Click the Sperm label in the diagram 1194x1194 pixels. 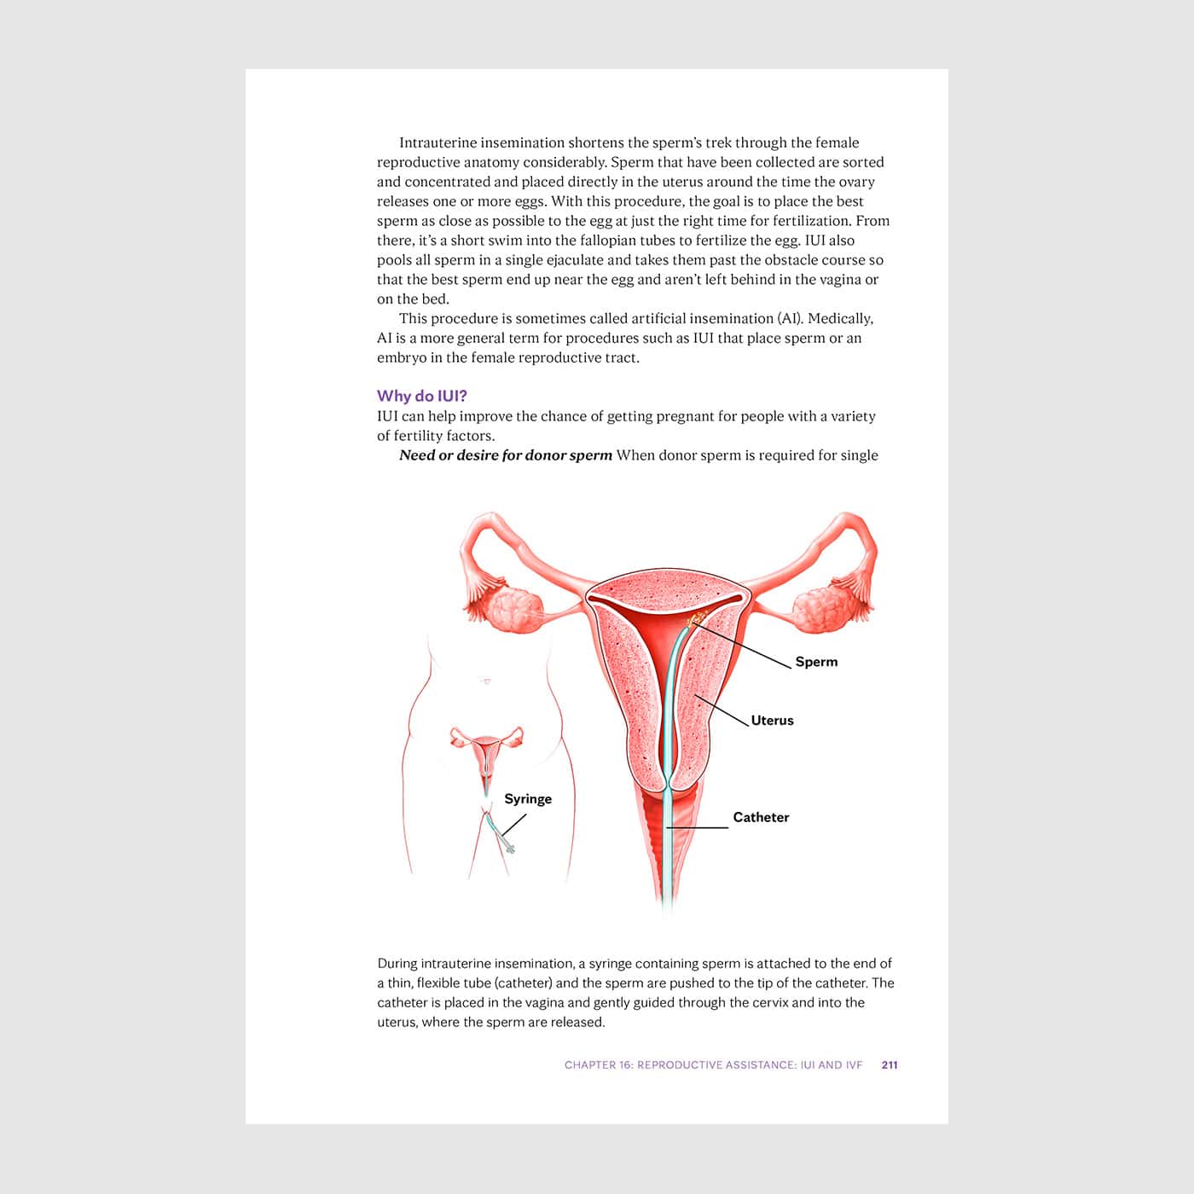[x=816, y=662]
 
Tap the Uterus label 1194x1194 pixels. [x=772, y=721]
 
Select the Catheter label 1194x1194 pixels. [x=761, y=817]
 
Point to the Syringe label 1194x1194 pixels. [x=528, y=799]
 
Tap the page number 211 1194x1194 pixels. [x=890, y=1065]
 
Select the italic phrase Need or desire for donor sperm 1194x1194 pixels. [x=506, y=455]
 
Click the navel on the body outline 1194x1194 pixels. [x=485, y=681]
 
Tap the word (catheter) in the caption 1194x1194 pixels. [x=523, y=983]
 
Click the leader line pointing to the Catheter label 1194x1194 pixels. [x=698, y=827]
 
